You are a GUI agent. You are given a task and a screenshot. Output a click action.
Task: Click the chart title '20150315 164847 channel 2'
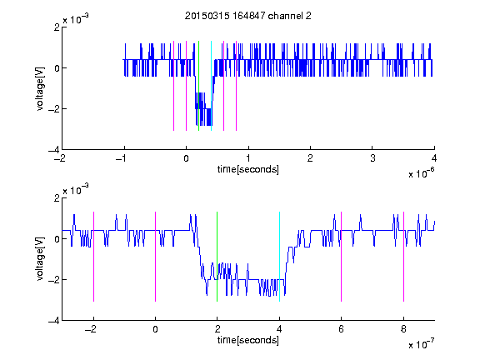click(x=248, y=16)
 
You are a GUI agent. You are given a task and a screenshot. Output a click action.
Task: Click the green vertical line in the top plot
click(x=198, y=86)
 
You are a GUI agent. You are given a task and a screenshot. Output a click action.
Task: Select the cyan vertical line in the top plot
click(x=211, y=86)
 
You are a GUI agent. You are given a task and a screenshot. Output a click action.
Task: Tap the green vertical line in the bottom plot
click(x=217, y=257)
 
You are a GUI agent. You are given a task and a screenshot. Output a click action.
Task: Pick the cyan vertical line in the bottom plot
click(x=279, y=257)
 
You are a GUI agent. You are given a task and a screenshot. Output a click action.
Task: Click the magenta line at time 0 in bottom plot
click(x=155, y=257)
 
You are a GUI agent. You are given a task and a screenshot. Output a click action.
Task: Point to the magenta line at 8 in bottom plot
click(x=403, y=257)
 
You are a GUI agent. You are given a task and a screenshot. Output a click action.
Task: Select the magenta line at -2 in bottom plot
click(x=93, y=257)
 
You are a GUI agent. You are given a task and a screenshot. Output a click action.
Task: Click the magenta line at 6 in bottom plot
click(x=342, y=257)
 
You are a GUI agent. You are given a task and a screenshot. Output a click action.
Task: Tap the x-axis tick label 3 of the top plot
click(x=372, y=158)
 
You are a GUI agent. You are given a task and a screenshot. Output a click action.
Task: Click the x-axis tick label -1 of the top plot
click(x=122, y=158)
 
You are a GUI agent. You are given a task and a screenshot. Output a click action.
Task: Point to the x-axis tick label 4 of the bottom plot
click(x=279, y=329)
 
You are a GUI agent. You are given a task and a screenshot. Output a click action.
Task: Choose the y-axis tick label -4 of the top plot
click(x=54, y=150)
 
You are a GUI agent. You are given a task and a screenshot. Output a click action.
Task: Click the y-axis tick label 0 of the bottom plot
click(x=57, y=239)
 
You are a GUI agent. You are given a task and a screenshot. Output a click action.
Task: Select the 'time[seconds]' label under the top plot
click(x=248, y=169)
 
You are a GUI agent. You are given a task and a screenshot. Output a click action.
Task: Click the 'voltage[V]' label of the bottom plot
click(x=40, y=259)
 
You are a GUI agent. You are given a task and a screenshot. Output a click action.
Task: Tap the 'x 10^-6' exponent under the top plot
click(x=421, y=173)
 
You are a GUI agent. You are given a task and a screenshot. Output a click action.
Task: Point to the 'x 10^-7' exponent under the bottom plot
click(x=421, y=344)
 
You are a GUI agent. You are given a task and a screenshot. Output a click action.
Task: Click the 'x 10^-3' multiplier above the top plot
click(x=76, y=19)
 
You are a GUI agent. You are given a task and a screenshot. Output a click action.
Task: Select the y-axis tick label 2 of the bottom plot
click(x=57, y=198)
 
